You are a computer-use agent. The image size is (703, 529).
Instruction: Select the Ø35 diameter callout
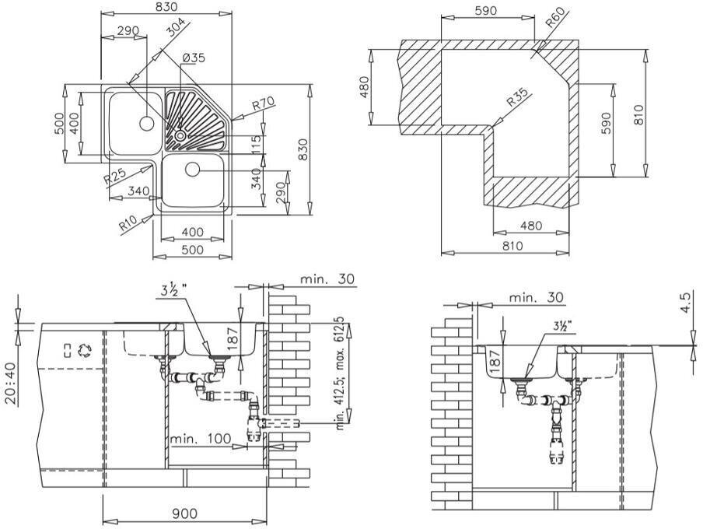click(194, 58)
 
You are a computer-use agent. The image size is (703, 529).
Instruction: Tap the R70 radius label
click(264, 103)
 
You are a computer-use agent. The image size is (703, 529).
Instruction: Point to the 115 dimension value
click(257, 144)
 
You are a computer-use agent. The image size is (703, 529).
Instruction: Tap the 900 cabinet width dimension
click(184, 513)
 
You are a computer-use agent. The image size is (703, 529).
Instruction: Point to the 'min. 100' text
click(205, 440)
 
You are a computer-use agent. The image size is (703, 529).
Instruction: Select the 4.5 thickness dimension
click(685, 303)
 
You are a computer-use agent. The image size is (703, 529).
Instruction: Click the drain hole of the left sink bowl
click(145, 122)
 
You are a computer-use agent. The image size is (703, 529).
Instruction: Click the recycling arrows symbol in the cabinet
click(86, 349)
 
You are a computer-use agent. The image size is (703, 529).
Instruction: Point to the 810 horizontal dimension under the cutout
click(512, 246)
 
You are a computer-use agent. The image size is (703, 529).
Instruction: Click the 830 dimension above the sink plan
click(166, 7)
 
